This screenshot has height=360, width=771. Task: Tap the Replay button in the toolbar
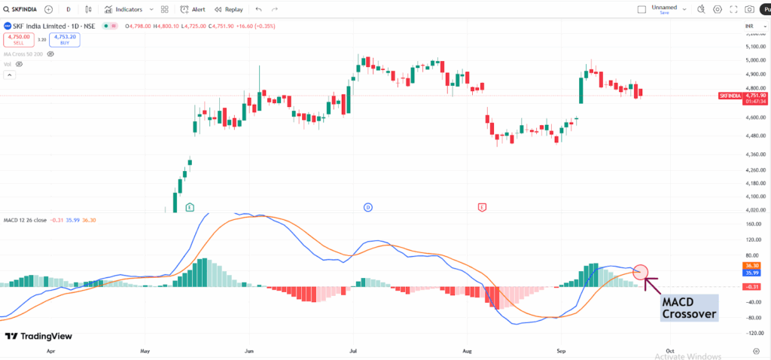229,10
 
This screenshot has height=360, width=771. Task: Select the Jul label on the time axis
352,351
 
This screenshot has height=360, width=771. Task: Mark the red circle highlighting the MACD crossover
641,272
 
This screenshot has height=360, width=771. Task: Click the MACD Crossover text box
689,308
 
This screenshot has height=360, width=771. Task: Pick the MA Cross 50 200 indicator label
23,54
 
